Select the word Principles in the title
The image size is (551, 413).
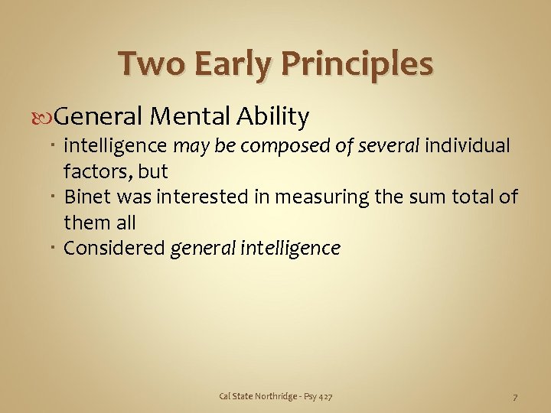pyautogui.click(x=358, y=64)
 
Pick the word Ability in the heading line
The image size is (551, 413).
pyautogui.click(x=273, y=117)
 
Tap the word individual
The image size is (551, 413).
pyautogui.click(x=468, y=145)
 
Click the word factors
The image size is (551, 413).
pyautogui.click(x=96, y=170)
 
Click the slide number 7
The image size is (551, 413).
pyautogui.click(x=515, y=396)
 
